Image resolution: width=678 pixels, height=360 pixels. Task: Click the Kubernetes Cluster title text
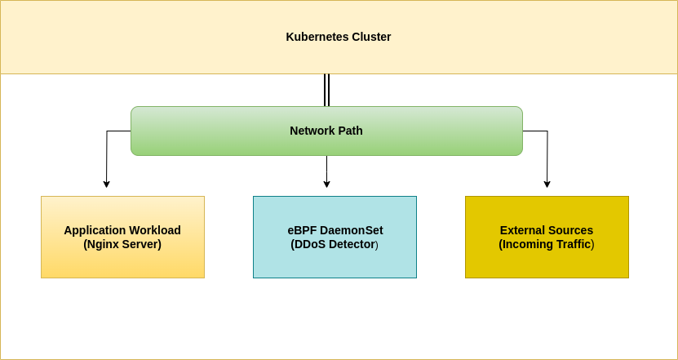[x=338, y=37]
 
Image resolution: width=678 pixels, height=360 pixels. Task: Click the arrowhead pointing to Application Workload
[x=106, y=184]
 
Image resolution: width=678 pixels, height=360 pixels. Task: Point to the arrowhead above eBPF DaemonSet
[x=326, y=184]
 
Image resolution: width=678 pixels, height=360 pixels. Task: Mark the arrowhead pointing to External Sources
[x=547, y=184]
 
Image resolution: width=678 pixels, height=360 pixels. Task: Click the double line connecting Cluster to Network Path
[x=326, y=90]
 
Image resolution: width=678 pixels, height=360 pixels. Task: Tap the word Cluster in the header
[x=371, y=37]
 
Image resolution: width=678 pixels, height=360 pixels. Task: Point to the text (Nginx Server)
[x=122, y=244]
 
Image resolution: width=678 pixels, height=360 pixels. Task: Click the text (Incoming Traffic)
[x=547, y=244]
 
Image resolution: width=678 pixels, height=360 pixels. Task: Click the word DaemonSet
[x=352, y=230]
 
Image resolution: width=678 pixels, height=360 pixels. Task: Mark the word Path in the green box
[x=351, y=131]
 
